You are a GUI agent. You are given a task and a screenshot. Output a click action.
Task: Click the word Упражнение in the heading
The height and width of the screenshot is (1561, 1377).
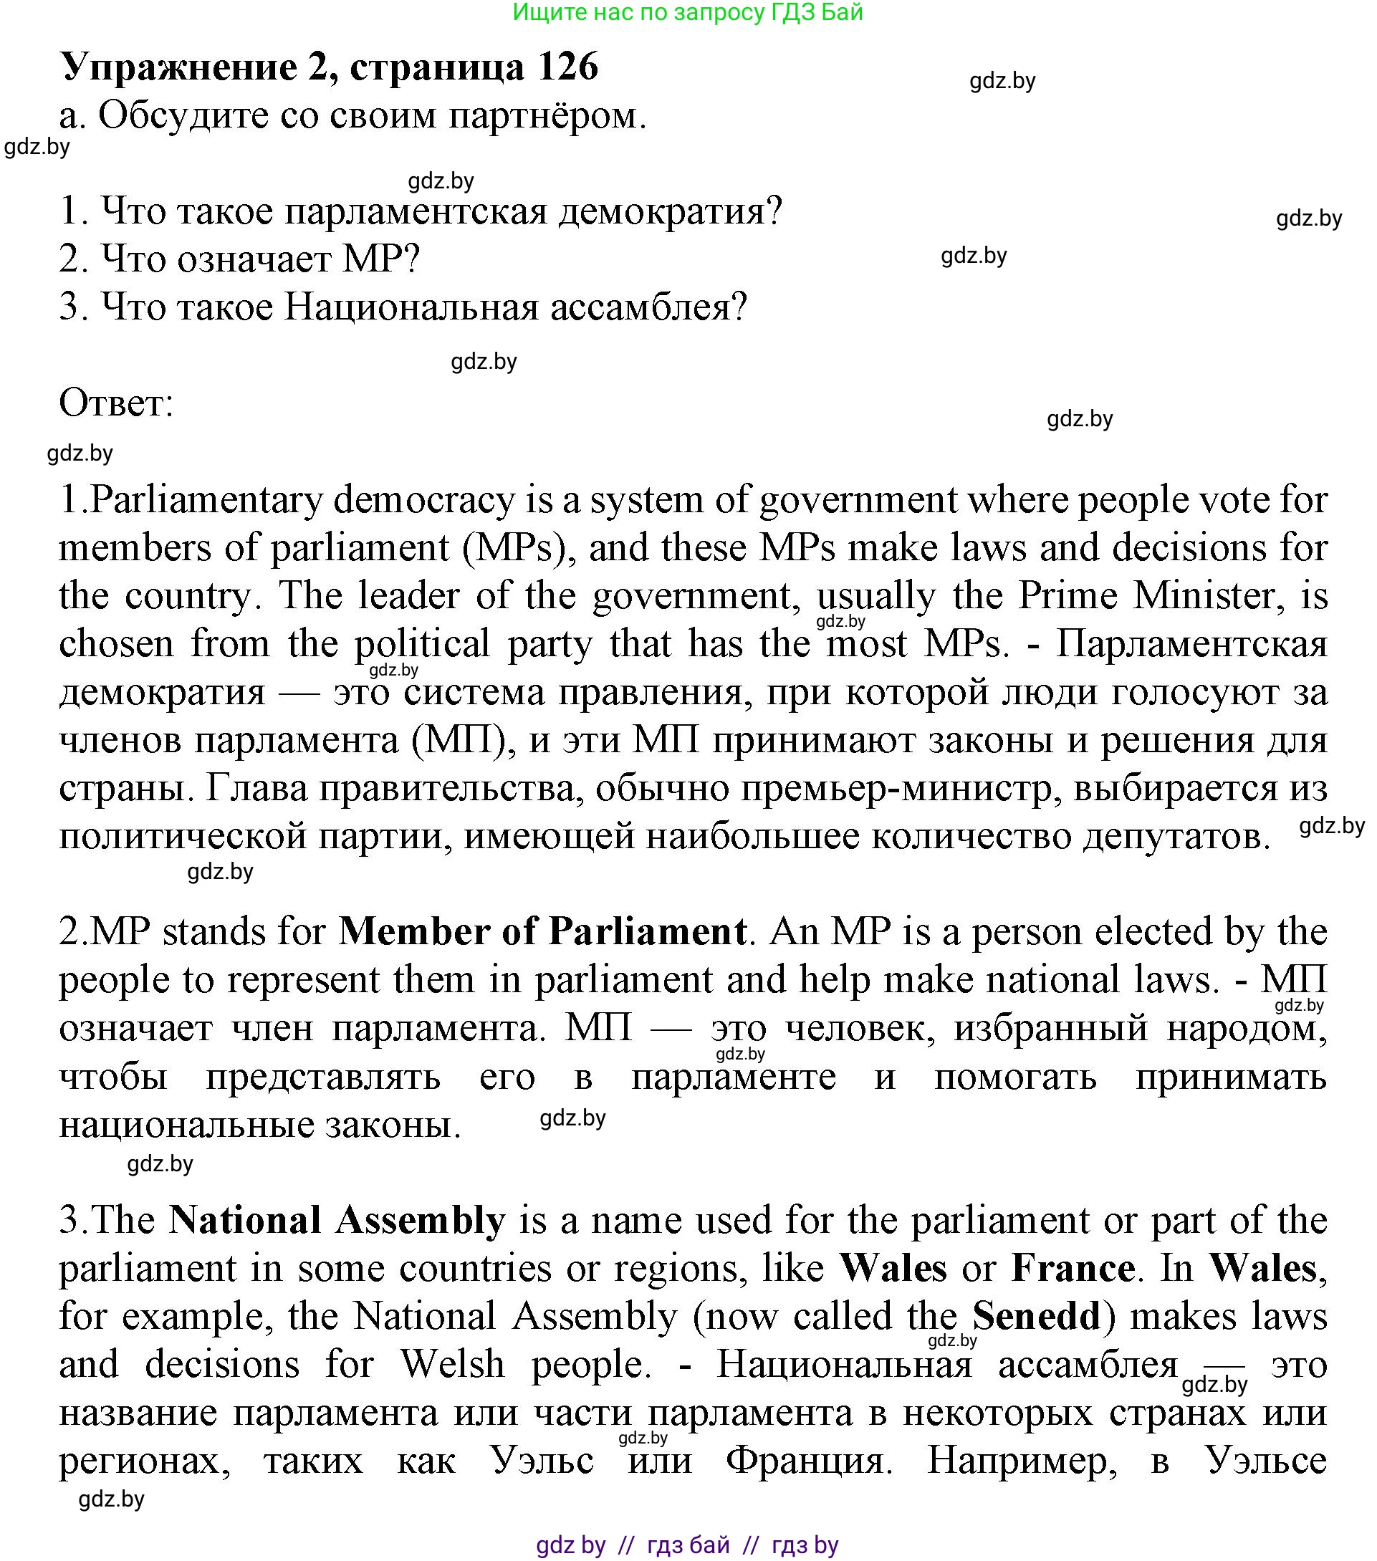point(178,68)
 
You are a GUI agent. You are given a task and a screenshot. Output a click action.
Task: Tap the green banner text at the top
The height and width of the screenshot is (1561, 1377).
point(687,12)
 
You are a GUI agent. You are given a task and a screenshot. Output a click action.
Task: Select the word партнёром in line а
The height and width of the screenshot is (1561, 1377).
point(547,116)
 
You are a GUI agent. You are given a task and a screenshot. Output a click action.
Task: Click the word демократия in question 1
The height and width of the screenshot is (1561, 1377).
point(670,211)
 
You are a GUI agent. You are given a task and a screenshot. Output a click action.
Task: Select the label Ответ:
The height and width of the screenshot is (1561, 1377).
point(116,403)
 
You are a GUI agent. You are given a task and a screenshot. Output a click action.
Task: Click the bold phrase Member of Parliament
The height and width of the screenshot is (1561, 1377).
point(542,933)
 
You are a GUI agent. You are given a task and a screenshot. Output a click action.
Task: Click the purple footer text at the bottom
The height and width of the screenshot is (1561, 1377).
point(687,1546)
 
